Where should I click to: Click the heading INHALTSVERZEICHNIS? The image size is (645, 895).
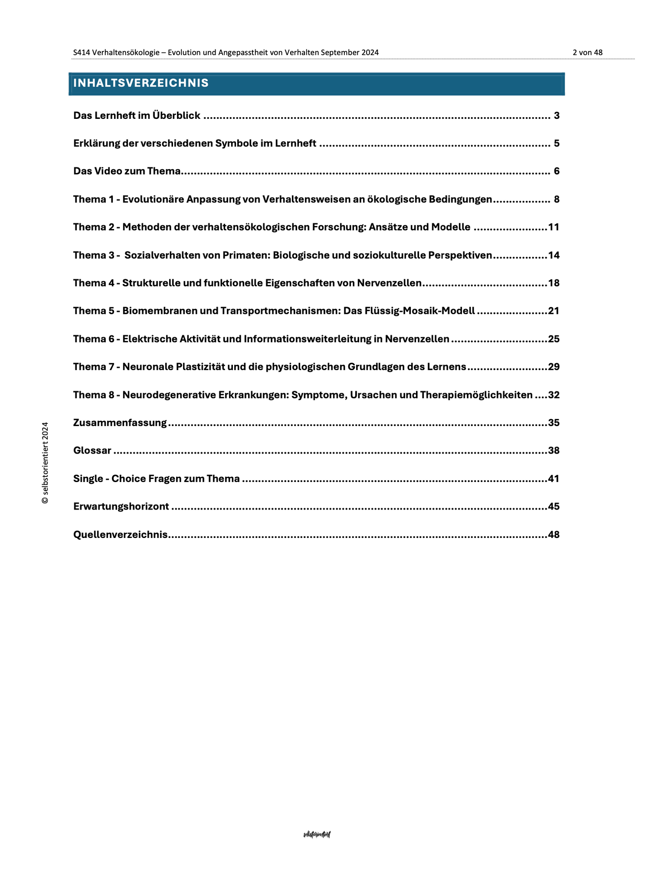pyautogui.click(x=141, y=83)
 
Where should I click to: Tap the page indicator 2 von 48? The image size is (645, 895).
pyautogui.click(x=587, y=52)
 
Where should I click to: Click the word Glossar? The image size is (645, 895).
pyautogui.click(x=92, y=451)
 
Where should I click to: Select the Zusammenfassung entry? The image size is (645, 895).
pyautogui.click(x=120, y=423)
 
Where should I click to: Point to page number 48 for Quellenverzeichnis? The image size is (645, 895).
pyautogui.click(x=553, y=534)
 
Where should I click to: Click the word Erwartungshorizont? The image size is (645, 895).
pyautogui.click(x=121, y=506)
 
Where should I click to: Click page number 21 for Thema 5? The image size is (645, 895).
pyautogui.click(x=553, y=311)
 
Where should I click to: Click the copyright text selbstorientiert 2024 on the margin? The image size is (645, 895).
pyautogui.click(x=45, y=463)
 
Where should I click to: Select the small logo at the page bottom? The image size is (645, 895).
pyautogui.click(x=317, y=834)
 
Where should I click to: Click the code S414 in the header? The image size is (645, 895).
pyautogui.click(x=81, y=52)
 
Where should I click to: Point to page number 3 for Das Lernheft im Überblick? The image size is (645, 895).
pyautogui.click(x=556, y=116)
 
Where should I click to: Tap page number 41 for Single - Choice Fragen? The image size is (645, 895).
pyautogui.click(x=553, y=479)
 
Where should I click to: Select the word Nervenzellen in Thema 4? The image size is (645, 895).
pyautogui.click(x=389, y=283)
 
